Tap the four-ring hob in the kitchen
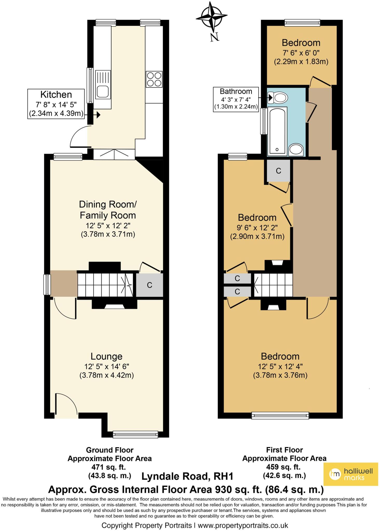click(154, 79)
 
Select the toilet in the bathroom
click(280, 98)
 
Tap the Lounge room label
click(106, 356)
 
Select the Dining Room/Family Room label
click(107, 210)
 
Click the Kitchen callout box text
click(56, 104)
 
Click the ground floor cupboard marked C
click(150, 285)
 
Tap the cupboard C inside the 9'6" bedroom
click(278, 171)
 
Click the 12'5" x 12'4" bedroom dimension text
click(280, 367)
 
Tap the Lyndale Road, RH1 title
click(187, 476)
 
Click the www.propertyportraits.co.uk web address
click(243, 526)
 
